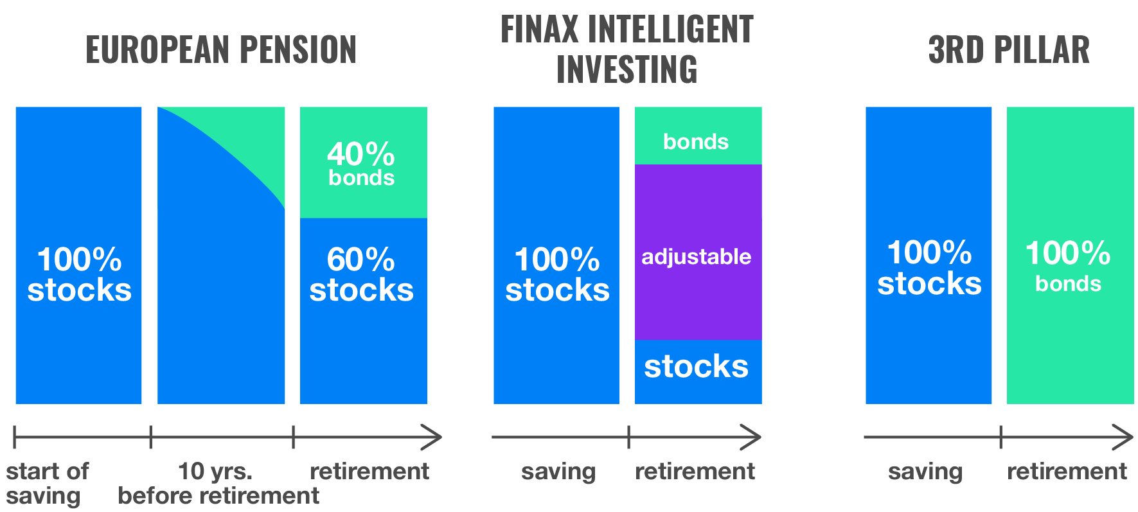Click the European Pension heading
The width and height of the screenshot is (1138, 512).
[x=220, y=50]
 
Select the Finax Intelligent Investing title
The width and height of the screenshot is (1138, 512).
[x=627, y=49]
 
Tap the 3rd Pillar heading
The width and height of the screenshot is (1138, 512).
[x=1009, y=50]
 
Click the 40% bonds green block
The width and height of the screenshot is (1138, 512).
[x=363, y=163]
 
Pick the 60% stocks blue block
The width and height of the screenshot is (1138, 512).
[x=363, y=311]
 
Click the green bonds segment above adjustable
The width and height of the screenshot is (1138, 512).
[x=698, y=136]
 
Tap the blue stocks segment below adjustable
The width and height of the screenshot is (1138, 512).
[x=698, y=371]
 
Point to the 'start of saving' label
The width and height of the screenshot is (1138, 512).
[x=47, y=483]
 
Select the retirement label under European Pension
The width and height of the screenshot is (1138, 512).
[x=369, y=472]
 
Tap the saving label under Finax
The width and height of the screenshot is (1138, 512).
[x=558, y=472]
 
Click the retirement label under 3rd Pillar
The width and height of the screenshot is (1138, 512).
[x=1067, y=472]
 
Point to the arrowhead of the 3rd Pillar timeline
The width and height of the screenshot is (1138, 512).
[x=1126, y=437]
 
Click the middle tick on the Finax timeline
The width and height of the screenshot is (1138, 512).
[x=628, y=437]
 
